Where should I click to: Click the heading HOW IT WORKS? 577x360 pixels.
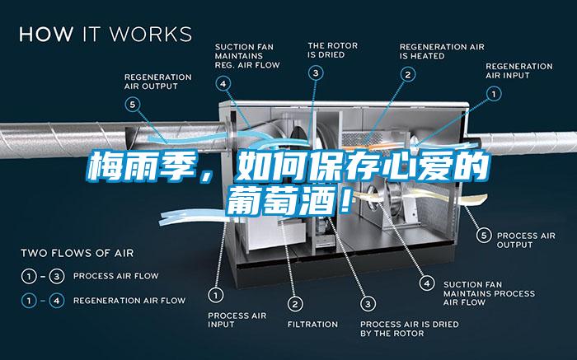pos(106,35)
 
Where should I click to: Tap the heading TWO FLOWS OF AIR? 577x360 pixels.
pos(77,253)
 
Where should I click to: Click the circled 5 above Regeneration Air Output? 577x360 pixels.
pos(133,104)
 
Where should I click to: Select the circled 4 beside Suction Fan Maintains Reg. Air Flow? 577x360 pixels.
pos(223,82)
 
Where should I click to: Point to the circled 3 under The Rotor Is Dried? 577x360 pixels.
pos(317,73)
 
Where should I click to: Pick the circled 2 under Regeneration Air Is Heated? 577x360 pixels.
pos(407,73)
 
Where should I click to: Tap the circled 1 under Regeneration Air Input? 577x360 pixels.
pos(494,94)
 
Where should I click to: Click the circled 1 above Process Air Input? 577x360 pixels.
pos(215,293)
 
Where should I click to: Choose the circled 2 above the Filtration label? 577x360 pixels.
pos(295,302)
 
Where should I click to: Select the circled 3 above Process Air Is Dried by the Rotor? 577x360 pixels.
pos(368,302)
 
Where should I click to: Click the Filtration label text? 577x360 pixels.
pos(312,324)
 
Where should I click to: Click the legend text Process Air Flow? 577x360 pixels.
pos(116,275)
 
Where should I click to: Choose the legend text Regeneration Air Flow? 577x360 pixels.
pos(129,300)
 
